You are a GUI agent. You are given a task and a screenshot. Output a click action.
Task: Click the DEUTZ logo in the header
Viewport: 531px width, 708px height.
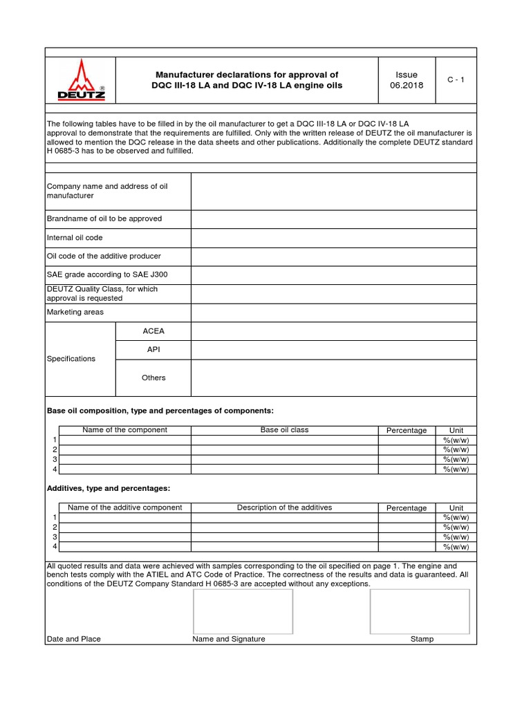coord(81,80)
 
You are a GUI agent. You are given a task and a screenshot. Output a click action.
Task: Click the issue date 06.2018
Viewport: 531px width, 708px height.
coord(407,85)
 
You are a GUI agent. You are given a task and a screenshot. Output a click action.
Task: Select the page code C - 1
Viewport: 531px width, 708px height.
coord(456,80)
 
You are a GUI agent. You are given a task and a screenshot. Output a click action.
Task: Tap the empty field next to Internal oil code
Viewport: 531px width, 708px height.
coord(333,238)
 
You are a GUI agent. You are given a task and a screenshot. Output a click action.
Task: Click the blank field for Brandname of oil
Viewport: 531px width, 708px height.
coord(333,219)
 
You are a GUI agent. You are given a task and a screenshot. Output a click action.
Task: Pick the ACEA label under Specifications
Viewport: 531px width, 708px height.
coord(153,331)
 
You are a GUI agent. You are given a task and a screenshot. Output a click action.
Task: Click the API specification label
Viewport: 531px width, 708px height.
coord(153,350)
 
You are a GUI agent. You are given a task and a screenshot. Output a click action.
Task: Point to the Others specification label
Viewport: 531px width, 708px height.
coord(153,378)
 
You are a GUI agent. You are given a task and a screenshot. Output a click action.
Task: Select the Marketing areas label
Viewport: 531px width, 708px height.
coord(75,313)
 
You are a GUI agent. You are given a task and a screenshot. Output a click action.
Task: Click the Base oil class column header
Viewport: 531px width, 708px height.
coord(284,430)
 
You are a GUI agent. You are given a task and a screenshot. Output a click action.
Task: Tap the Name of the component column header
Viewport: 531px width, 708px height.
coord(124,430)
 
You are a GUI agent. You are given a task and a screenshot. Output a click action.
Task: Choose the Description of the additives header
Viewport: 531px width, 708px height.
coord(284,507)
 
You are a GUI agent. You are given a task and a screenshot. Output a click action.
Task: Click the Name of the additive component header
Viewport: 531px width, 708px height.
coord(124,507)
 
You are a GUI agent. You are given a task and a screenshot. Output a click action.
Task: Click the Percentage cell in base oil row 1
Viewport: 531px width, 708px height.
coord(407,440)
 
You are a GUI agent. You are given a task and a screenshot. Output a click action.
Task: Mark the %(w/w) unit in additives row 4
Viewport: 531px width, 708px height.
coord(456,547)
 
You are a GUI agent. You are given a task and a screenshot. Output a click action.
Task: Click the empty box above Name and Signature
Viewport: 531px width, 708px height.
coord(243,611)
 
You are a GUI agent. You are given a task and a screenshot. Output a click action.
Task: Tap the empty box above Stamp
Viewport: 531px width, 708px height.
coord(420,611)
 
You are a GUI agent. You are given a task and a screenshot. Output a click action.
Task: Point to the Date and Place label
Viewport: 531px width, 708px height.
coord(73,639)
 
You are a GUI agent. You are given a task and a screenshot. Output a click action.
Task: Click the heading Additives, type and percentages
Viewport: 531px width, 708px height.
coord(108,488)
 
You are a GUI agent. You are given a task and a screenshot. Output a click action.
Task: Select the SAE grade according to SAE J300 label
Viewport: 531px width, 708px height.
coord(106,274)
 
